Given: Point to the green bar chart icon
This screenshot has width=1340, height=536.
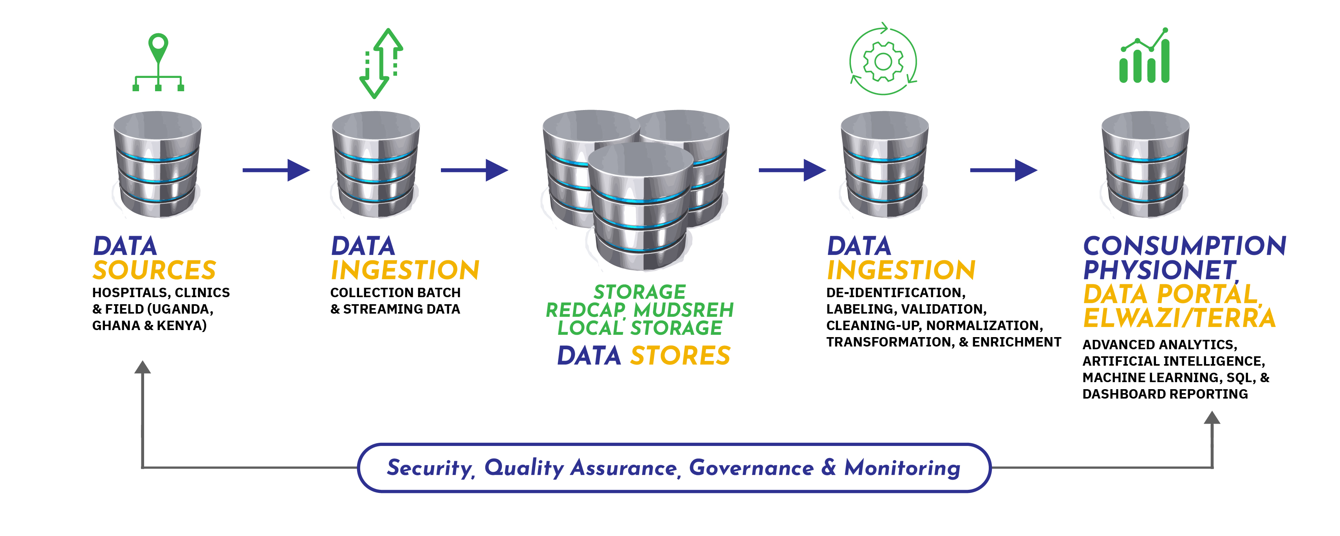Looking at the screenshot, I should (1145, 57).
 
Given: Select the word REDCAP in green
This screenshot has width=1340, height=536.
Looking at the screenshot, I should (585, 310).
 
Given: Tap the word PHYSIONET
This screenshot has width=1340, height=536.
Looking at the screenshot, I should (1159, 270).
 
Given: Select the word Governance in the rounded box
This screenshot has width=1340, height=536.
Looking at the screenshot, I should (751, 468).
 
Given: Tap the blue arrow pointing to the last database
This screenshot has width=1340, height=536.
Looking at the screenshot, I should (1004, 170).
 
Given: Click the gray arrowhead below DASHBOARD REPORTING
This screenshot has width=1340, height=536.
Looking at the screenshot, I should (1212, 417).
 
